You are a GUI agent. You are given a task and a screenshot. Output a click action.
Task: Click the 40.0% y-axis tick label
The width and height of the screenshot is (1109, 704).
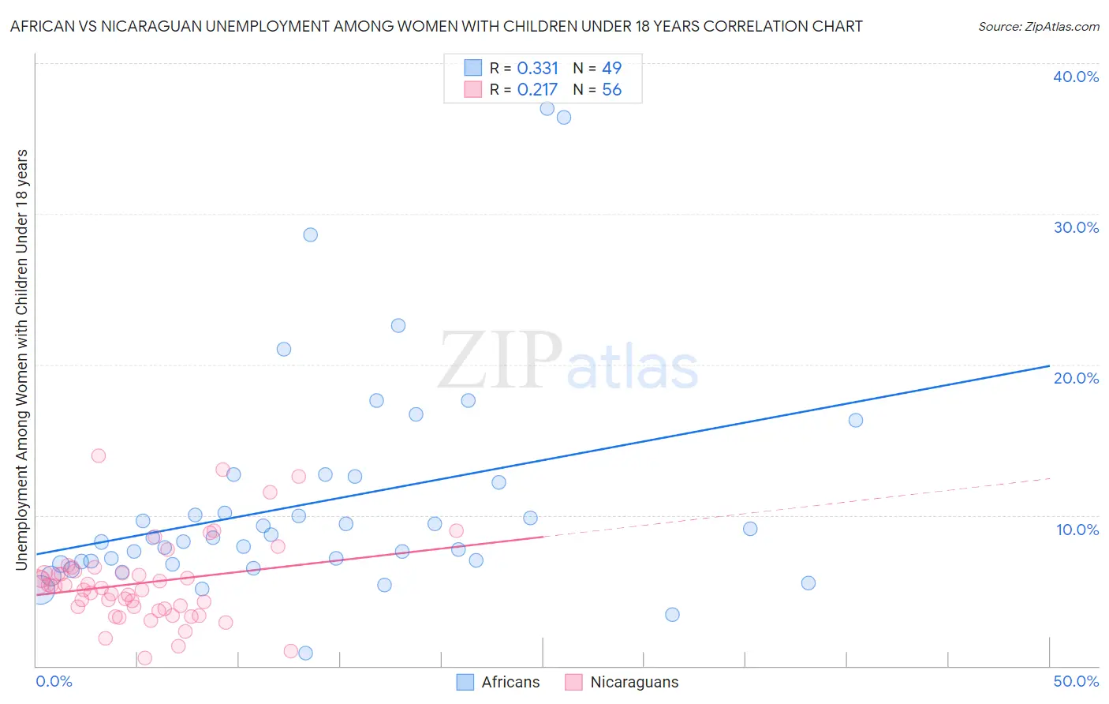pyautogui.click(x=1076, y=77)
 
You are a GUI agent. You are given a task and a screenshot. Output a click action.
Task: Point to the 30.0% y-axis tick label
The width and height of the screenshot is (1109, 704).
pyautogui.click(x=1076, y=227)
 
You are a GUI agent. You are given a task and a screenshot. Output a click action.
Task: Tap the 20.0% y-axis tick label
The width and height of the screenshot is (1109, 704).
pyautogui.click(x=1076, y=378)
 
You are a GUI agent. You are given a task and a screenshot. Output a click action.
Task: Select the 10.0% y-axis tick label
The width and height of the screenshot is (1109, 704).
pyautogui.click(x=1077, y=530)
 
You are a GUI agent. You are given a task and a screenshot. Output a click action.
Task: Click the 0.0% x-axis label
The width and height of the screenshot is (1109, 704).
pyautogui.click(x=54, y=681)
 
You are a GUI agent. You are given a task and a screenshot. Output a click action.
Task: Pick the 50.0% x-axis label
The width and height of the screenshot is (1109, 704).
pyautogui.click(x=1076, y=681)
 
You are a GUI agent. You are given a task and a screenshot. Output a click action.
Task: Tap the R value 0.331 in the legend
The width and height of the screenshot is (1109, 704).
pyautogui.click(x=537, y=69)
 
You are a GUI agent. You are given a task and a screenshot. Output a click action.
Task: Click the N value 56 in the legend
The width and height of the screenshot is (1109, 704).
pyautogui.click(x=611, y=90)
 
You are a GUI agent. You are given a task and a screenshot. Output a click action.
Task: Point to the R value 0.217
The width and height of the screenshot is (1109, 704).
pyautogui.click(x=537, y=90)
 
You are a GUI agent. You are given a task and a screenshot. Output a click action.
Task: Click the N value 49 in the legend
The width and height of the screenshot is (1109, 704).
pyautogui.click(x=611, y=69)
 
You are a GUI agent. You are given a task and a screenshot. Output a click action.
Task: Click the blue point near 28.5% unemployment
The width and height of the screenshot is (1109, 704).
pyautogui.click(x=311, y=234)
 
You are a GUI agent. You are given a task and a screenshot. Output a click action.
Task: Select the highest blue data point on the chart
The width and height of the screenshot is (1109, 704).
pyautogui.click(x=547, y=109)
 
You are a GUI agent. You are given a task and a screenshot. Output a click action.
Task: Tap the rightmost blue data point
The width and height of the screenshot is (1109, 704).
pyautogui.click(x=856, y=420)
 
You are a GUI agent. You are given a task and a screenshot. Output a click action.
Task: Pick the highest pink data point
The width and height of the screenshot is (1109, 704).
pyautogui.click(x=99, y=455)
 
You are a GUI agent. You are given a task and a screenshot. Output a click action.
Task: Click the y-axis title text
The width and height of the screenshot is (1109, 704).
pyautogui.click(x=21, y=359)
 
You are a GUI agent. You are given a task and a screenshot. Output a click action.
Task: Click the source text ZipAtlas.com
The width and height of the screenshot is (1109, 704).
pyautogui.click(x=1038, y=27)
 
